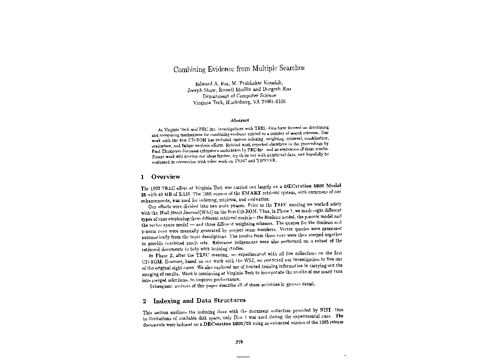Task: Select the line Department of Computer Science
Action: (240, 95)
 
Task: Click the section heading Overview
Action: (165, 177)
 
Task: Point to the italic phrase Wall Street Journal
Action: (169, 212)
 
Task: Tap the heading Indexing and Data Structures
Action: (199, 300)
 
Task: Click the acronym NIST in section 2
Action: (325, 310)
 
